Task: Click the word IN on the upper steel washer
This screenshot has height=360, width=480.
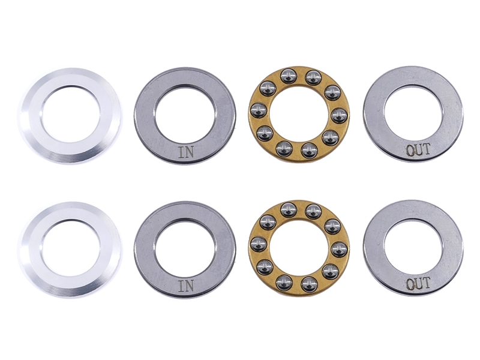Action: coord(185,152)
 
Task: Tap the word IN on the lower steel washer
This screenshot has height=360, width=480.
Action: coord(185,286)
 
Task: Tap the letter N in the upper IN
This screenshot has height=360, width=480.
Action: coord(189,152)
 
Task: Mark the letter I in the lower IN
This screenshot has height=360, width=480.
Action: coord(181,286)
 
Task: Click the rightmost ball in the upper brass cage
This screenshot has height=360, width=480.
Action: coord(338,115)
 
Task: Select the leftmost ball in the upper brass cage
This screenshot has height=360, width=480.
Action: coord(258,110)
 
